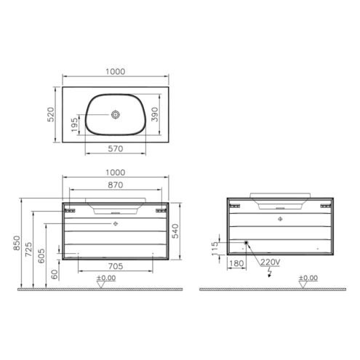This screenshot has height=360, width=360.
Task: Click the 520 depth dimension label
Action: click(51, 114)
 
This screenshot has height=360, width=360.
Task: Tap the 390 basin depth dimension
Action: click(155, 114)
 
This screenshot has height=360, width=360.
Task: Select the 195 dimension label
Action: click(75, 125)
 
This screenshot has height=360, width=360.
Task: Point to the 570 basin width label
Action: click(116, 148)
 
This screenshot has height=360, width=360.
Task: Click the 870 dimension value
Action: click(116, 185)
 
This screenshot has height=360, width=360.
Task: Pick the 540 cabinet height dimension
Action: click(175, 231)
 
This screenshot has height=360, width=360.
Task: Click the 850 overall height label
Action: click(17, 243)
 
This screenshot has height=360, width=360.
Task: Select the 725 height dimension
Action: click(28, 249)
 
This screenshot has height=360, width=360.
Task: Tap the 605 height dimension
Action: click(41, 256)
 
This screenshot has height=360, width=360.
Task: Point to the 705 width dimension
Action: click(116, 266)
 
